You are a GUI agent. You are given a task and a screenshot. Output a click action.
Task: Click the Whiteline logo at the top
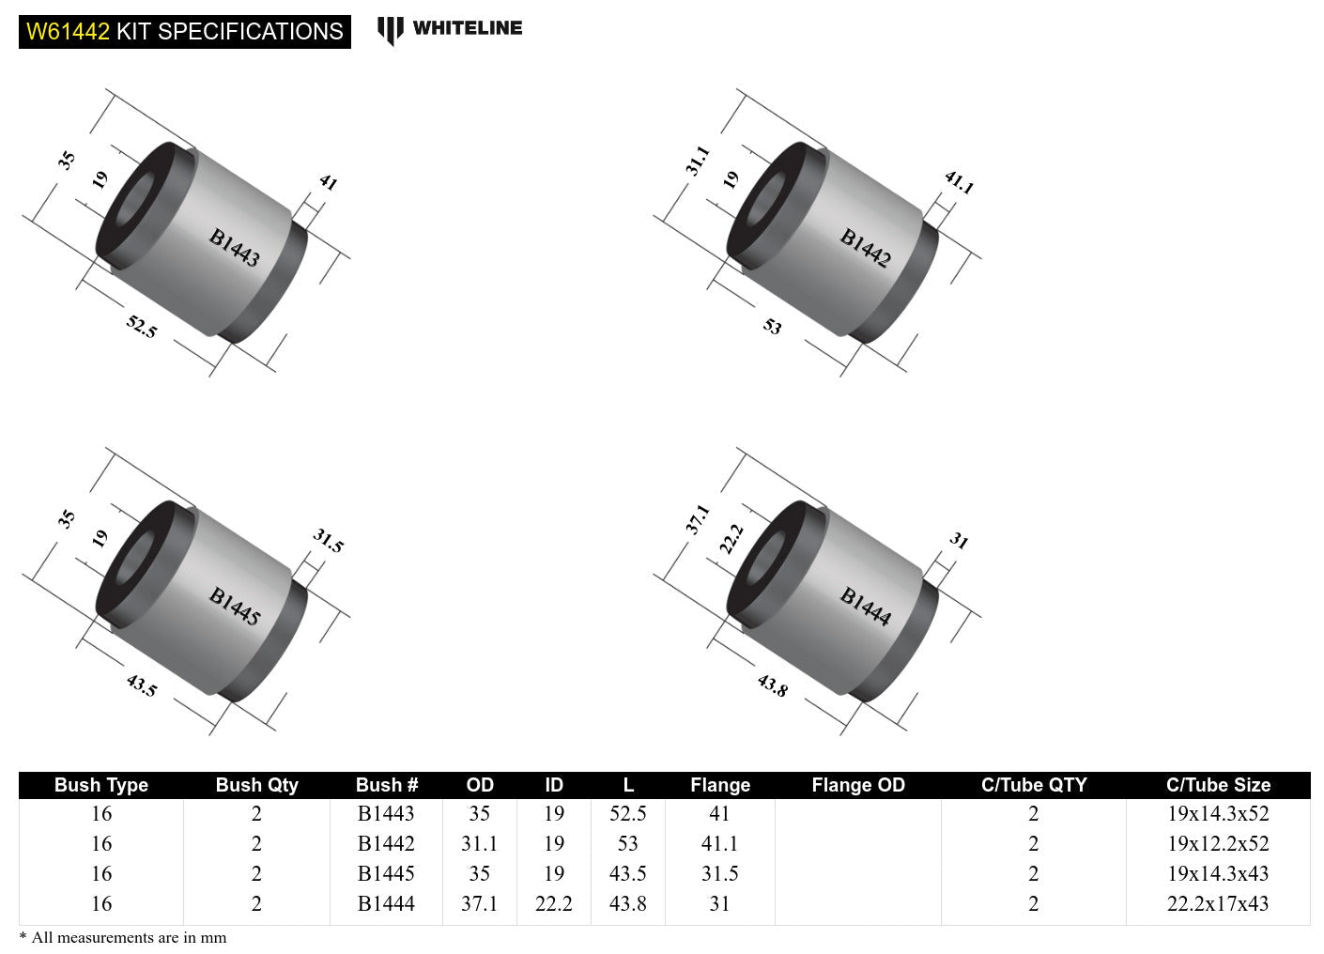tap(450, 29)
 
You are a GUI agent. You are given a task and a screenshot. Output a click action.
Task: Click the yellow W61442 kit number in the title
tap(68, 32)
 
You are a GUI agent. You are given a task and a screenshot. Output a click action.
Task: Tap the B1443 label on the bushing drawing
tap(234, 248)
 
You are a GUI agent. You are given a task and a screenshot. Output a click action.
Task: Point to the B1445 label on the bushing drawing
tap(234, 607)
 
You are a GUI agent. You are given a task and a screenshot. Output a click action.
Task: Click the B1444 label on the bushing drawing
tap(865, 607)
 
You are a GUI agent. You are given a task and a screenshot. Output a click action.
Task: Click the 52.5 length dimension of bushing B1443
tap(142, 327)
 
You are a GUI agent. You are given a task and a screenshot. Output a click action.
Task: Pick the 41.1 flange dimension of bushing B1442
tap(959, 181)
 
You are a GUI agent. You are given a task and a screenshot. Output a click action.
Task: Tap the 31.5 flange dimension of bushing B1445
tap(328, 540)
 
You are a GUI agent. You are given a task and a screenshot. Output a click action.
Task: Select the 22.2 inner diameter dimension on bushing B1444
tap(731, 539)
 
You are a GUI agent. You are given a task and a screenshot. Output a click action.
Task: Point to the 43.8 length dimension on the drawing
tap(772, 685)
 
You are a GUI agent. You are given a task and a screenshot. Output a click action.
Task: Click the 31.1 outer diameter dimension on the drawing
tap(697, 161)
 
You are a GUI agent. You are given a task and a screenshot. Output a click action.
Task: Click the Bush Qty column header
tap(256, 785)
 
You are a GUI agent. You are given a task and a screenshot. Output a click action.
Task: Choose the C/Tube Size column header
tap(1218, 785)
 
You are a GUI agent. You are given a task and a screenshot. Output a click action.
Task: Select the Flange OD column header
tap(857, 785)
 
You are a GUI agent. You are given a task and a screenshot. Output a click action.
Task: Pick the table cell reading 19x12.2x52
tap(1218, 844)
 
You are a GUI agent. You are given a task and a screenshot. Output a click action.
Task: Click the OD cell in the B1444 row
tap(479, 904)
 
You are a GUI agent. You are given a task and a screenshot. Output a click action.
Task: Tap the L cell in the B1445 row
tap(627, 874)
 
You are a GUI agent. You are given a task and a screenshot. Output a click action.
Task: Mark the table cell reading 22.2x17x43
tap(1218, 904)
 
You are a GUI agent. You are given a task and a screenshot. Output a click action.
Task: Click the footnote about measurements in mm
tap(123, 937)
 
